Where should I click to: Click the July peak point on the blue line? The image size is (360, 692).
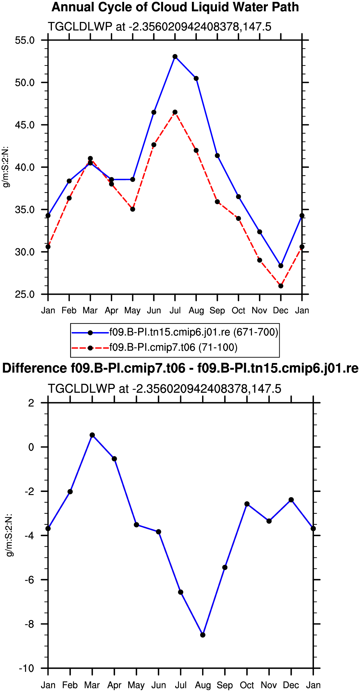pos(175,57)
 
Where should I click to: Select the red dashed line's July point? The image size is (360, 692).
pos(175,112)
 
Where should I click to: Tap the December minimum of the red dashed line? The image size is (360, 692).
pos(281,286)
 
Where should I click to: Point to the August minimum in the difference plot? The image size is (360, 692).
pos(203,635)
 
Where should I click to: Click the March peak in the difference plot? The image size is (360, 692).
pos(92,435)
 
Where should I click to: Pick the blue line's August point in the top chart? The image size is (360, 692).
pos(196,79)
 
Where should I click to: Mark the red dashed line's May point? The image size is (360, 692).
pos(133,209)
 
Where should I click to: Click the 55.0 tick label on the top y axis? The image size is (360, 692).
pos(25,40)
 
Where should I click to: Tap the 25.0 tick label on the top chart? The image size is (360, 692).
pos(25,294)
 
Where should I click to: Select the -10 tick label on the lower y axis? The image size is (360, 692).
pos(27,668)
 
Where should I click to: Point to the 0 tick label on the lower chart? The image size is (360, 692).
pos(31,447)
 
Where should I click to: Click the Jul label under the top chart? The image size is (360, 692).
pos(175,310)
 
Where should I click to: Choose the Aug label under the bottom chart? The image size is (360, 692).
pos(203,685)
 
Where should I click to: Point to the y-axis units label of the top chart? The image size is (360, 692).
pos(6,167)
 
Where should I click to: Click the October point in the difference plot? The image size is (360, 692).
pos(247,504)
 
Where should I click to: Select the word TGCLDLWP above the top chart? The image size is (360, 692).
pos(80,27)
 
